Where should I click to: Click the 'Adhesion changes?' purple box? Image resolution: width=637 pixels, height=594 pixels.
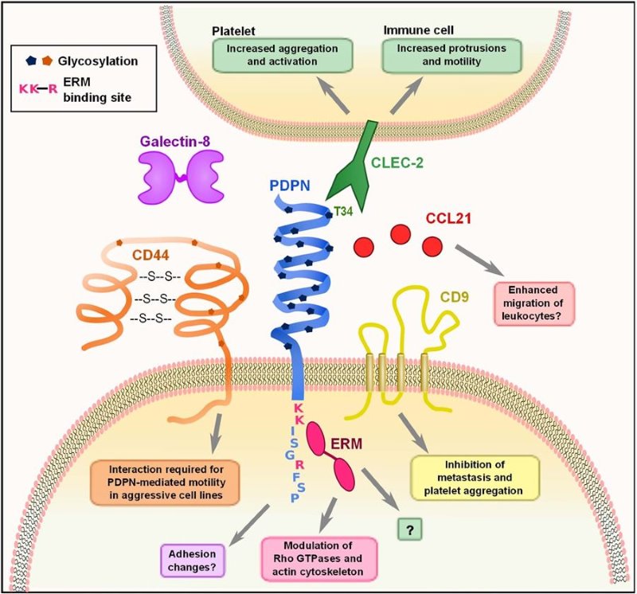pyautogui.click(x=192, y=558)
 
